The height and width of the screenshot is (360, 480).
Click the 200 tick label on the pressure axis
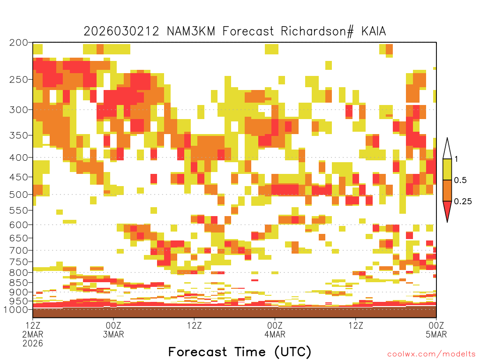[19, 43]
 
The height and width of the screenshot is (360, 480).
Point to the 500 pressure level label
[19, 195]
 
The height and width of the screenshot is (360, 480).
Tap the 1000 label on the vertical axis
[16, 310]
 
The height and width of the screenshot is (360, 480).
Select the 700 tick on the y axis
[19, 251]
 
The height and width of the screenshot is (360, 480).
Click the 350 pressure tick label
[19, 135]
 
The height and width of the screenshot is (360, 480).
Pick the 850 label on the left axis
[19, 283]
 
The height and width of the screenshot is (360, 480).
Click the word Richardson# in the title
[317, 31]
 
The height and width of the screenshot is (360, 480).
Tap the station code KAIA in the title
[374, 31]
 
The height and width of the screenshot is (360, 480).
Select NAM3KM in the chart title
[191, 31]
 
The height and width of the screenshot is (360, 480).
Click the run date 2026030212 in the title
[121, 31]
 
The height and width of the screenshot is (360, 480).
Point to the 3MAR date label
[113, 334]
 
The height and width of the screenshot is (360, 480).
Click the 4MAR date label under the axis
[275, 334]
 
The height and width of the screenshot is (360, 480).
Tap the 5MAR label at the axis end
[436, 334]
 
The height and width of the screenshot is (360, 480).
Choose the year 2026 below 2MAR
[33, 344]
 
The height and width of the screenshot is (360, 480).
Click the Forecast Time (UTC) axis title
[240, 352]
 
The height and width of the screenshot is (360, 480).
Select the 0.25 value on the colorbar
[463, 202]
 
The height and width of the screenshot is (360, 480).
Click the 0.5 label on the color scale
[460, 180]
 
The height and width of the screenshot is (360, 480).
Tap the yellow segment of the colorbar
[447, 170]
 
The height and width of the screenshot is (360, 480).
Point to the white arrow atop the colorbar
[447, 149]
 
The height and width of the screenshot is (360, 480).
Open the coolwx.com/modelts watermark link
[431, 354]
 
